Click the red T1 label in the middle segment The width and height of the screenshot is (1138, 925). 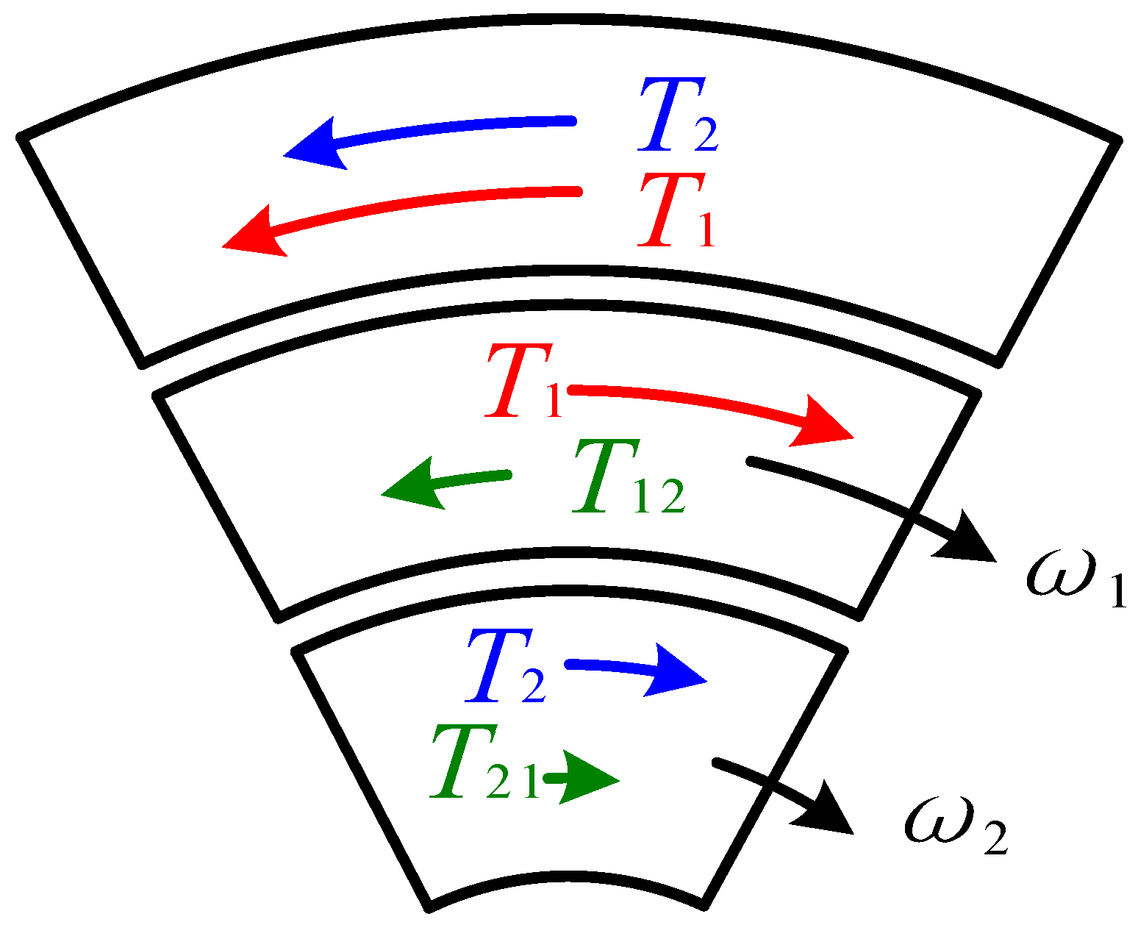[x=522, y=382]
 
